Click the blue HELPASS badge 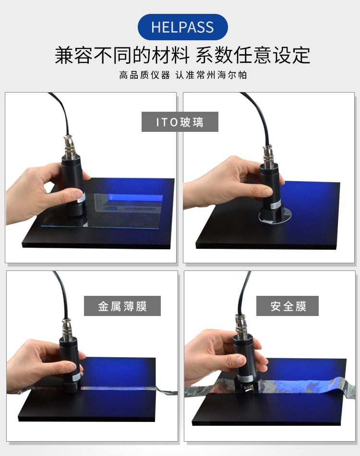coord(182,27)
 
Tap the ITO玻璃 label coord(180,122)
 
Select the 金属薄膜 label coord(122,306)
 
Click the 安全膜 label coord(288,306)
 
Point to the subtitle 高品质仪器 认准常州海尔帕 coord(183,75)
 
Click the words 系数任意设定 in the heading coord(253,55)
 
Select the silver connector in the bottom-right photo coord(242,325)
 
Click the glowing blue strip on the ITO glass coord(135,198)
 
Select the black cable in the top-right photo coord(257,115)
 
